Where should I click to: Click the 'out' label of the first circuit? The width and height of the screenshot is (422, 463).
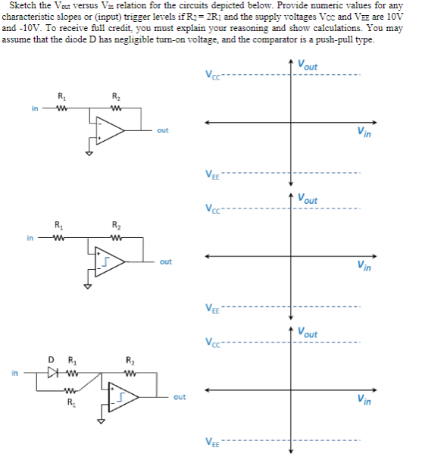coord(163,130)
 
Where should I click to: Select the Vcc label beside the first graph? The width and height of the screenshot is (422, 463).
coord(211,74)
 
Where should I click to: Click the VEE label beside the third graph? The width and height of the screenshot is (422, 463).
coord(211,442)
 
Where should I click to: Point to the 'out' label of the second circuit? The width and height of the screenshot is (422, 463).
coord(165,261)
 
